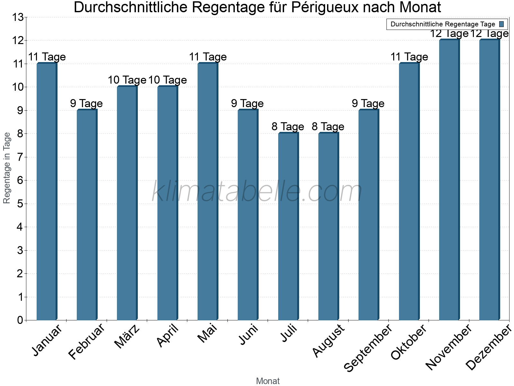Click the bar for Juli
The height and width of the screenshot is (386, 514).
click(288, 226)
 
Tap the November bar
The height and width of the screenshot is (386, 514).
click(449, 180)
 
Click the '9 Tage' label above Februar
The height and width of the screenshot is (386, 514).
click(86, 104)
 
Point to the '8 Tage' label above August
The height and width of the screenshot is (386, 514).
click(328, 127)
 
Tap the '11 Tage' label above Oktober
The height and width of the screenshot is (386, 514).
click(409, 57)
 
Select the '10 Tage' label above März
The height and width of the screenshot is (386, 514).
click(127, 80)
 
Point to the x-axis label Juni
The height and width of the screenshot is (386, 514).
click(249, 335)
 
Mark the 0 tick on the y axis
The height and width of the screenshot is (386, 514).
click(20, 320)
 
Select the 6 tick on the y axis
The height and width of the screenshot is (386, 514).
click(20, 180)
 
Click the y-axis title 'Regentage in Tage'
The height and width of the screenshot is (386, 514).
click(7, 168)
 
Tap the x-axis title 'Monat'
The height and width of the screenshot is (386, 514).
click(268, 381)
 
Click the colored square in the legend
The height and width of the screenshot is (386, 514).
click(501, 24)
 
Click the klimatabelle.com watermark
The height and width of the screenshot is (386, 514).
click(257, 192)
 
